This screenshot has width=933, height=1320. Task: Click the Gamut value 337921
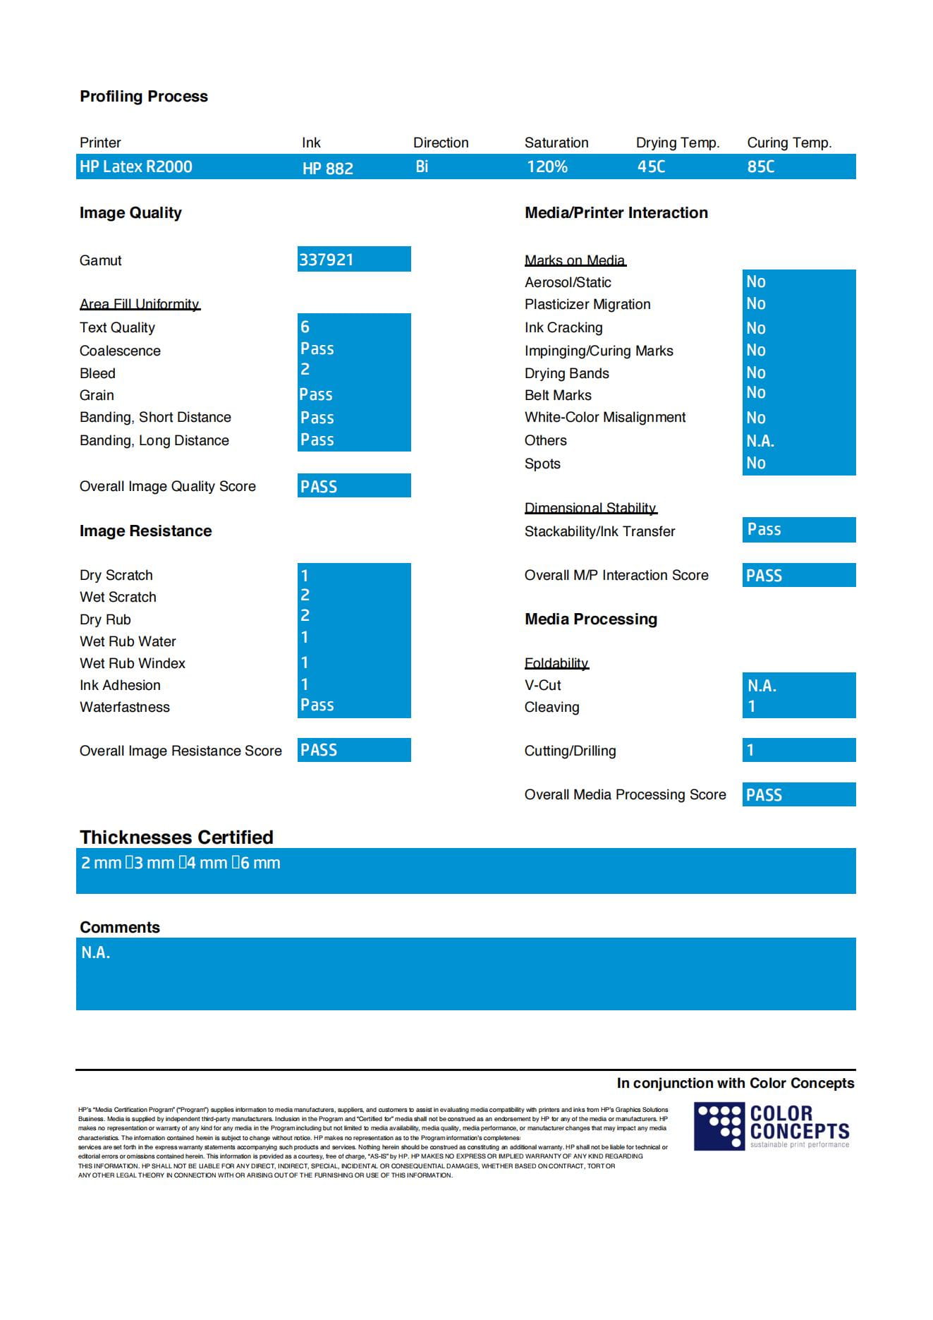click(x=327, y=260)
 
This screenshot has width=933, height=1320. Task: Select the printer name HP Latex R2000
click(x=135, y=166)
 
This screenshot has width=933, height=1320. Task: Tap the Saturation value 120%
click(x=547, y=166)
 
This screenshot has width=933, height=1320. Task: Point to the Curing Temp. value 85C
click(x=761, y=166)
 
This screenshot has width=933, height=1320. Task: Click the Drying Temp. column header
click(x=677, y=143)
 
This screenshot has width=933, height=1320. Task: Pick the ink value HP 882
click(x=328, y=168)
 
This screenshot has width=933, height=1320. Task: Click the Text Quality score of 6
click(x=305, y=327)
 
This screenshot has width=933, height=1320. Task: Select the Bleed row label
click(x=97, y=373)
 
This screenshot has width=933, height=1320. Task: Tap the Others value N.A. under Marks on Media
click(x=760, y=441)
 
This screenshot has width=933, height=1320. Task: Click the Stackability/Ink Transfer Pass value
click(x=764, y=530)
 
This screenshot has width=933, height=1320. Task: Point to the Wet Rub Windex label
click(x=133, y=663)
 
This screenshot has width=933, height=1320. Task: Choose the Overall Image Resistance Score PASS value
click(x=319, y=750)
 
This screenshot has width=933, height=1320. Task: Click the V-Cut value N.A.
click(x=762, y=685)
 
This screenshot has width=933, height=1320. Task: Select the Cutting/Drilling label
click(x=570, y=751)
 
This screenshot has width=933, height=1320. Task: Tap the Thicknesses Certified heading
click(x=176, y=837)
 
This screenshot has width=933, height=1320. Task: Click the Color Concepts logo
click(x=772, y=1126)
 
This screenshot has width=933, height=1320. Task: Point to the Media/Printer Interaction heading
click(x=616, y=213)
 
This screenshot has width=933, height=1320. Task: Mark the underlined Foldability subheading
click(x=556, y=663)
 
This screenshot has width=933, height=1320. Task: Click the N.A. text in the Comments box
click(x=95, y=952)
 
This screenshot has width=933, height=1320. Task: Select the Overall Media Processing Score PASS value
click(x=764, y=795)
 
